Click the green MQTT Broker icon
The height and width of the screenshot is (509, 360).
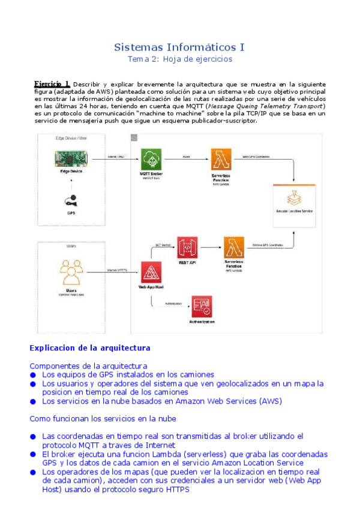point(152,160)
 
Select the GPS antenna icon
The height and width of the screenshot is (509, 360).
point(71,200)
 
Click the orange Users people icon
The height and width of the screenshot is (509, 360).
point(71,273)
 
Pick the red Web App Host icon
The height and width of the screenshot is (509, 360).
point(152,274)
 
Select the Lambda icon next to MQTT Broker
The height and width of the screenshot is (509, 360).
point(221,160)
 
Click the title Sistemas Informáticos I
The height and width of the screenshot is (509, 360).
point(179,47)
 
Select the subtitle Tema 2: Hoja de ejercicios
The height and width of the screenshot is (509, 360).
point(179,59)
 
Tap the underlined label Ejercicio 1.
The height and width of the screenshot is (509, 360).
point(52,84)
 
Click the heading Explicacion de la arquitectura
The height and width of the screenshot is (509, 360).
point(90,348)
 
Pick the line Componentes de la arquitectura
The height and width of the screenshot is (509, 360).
point(88,366)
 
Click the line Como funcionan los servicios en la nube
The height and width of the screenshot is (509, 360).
point(103,418)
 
